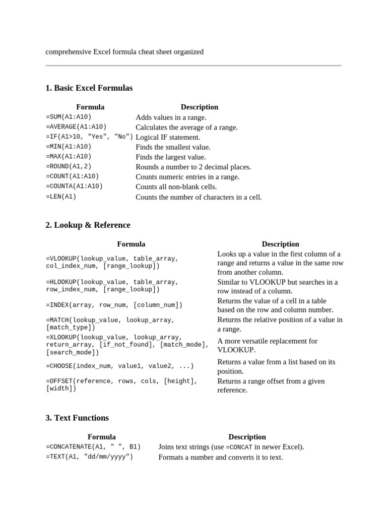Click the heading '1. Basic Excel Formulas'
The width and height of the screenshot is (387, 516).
point(89,88)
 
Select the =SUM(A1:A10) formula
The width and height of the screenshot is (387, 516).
point(69,117)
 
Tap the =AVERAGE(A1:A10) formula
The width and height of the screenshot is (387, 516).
point(76,127)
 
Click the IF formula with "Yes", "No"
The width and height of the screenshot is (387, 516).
point(89,137)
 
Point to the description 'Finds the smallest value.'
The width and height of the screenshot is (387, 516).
point(173,147)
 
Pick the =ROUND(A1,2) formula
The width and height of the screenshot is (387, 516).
point(69,167)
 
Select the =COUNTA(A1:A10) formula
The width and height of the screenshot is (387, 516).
point(74,186)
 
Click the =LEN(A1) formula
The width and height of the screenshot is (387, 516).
point(61,197)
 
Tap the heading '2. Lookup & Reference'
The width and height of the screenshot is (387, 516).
point(88,225)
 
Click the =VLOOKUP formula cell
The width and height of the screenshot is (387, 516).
point(112,262)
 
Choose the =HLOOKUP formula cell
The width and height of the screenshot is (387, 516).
point(112,286)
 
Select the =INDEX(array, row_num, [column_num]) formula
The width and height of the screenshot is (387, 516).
point(114,305)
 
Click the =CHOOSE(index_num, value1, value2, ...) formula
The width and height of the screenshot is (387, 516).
point(119,366)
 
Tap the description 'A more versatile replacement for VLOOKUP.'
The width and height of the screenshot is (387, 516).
point(267,345)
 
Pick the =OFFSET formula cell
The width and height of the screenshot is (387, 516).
point(121,385)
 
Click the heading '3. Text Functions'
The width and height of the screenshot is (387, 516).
point(77,418)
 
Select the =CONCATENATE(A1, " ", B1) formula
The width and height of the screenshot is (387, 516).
point(93,447)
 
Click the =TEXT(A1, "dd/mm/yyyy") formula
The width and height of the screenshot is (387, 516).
point(89,457)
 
